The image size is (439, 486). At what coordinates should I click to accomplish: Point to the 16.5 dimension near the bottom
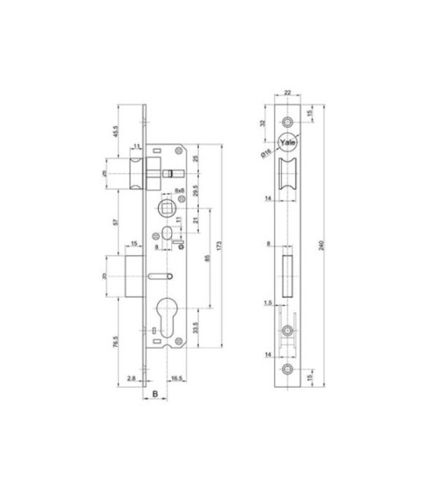(x=177, y=378)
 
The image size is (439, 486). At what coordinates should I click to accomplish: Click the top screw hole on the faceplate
(x=288, y=119)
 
